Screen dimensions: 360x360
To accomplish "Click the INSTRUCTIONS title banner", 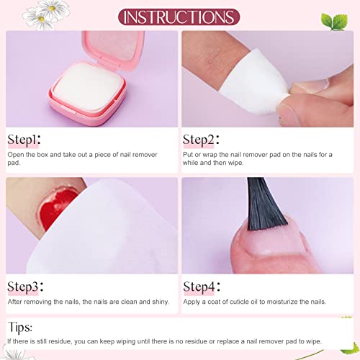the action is pos(179,17).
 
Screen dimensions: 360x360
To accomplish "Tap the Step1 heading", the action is pos(24,140).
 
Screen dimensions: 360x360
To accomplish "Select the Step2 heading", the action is pos(201,140).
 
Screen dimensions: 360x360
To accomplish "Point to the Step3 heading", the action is pos(25,287).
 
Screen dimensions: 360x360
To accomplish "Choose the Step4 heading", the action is pos(202,287).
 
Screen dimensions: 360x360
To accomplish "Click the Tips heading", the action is pos(20,327).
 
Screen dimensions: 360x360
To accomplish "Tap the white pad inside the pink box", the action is pos(89,87).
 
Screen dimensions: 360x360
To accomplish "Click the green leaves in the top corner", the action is pos(335,22).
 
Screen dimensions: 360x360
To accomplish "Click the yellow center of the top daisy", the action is pos(52,9).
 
